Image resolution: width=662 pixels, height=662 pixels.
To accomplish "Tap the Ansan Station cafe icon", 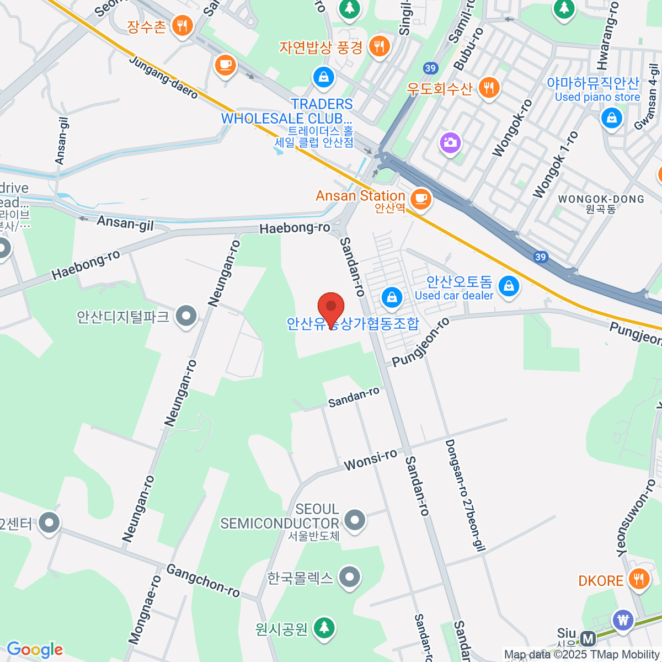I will click(421, 199).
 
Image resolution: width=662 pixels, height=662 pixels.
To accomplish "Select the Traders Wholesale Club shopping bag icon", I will click(324, 77).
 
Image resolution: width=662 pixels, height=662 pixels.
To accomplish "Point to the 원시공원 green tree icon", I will click(324, 628).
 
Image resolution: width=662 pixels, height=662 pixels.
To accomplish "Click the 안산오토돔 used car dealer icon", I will click(508, 286).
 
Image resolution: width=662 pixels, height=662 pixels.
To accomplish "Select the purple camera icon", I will click(450, 143).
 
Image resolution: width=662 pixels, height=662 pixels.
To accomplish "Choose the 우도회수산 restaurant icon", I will click(488, 87).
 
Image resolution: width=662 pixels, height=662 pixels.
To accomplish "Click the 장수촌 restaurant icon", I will click(181, 25).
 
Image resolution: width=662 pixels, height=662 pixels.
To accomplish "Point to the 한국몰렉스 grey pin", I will click(349, 578).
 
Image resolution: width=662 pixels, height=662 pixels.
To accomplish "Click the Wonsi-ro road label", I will click(370, 460).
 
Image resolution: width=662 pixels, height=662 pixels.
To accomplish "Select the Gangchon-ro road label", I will click(203, 580).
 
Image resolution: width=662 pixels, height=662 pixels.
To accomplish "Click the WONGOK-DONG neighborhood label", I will click(601, 199).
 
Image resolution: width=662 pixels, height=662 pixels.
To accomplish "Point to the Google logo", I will click(35, 649).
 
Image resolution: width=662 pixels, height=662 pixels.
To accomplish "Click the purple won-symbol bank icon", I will click(623, 620).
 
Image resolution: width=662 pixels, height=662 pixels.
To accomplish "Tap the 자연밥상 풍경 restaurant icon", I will click(378, 46).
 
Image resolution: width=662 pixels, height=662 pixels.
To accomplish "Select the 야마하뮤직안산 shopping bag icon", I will click(611, 118).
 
